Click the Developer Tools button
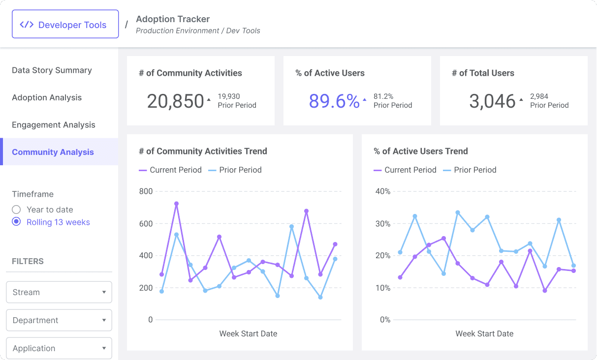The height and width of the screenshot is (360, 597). tap(65, 25)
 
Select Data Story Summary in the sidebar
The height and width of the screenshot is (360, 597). tap(52, 70)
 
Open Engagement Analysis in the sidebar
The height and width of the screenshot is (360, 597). tap(54, 125)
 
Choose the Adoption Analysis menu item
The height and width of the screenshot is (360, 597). tap(47, 97)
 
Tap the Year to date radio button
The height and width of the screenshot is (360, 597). tap(16, 210)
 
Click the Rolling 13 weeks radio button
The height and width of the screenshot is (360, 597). tap(16, 222)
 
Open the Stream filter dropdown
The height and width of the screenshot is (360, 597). tap(59, 292)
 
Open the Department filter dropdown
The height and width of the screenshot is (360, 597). tap(59, 320)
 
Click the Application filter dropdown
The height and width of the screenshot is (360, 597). tap(59, 348)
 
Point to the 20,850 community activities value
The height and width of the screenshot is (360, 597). tap(175, 101)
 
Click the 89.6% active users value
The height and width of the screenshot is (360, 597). tap(334, 101)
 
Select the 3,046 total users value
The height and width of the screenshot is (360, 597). tap(492, 101)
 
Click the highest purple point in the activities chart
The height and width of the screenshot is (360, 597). tap(176, 204)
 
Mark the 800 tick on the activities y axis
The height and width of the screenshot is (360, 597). tap(146, 191)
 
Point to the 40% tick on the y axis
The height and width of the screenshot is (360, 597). tap(382, 191)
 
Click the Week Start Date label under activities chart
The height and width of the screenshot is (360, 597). tap(248, 333)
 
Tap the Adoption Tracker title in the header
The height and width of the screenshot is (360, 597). tap(173, 19)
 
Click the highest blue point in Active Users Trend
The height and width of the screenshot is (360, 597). tap(458, 212)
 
